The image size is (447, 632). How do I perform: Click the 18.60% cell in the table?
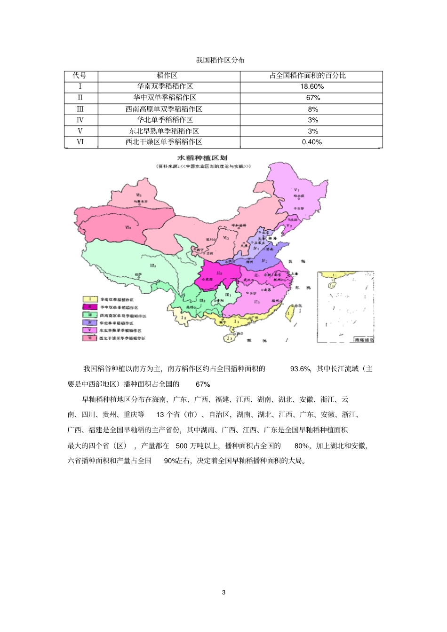coord(311,86)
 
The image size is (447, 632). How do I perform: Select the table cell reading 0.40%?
coord(311,142)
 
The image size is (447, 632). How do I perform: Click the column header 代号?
coord(80,76)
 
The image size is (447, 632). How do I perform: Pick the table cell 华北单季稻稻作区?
coord(165,120)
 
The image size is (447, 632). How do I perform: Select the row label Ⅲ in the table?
coord(80,109)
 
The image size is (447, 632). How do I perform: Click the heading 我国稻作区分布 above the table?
coord(220,60)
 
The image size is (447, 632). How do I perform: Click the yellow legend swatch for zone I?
coord(90,299)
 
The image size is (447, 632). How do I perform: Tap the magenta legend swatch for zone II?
coord(90,307)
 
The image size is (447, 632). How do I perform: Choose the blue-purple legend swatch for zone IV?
coord(90,322)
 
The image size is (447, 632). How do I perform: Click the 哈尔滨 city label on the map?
coord(299,195)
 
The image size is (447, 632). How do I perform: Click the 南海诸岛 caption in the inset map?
coord(364,339)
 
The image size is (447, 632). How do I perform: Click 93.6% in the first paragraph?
coord(300,369)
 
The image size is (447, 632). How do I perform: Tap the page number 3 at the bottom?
coord(223,592)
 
